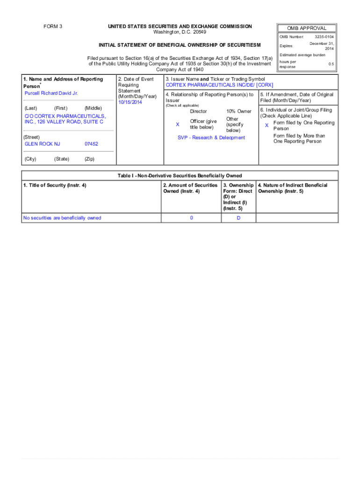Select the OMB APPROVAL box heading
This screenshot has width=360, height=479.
click(307, 28)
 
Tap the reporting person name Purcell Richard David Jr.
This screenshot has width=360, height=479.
click(51, 93)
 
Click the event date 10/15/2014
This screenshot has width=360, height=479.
click(130, 102)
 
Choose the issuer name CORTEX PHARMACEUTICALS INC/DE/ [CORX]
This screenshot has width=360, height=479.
click(219, 85)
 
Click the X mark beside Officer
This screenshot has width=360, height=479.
click(177, 124)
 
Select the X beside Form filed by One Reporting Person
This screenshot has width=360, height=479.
click(266, 125)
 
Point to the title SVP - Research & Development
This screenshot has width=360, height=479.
click(211, 138)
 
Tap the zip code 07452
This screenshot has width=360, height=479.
click(91, 144)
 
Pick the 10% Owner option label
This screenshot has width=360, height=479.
click(238, 111)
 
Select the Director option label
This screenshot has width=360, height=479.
click(198, 111)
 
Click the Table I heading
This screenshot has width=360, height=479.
click(180, 175)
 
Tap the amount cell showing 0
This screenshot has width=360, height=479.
click(191, 218)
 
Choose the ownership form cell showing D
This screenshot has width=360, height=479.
click(238, 218)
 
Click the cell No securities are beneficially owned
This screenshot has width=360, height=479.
click(63, 218)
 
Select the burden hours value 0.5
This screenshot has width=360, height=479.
click(331, 64)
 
